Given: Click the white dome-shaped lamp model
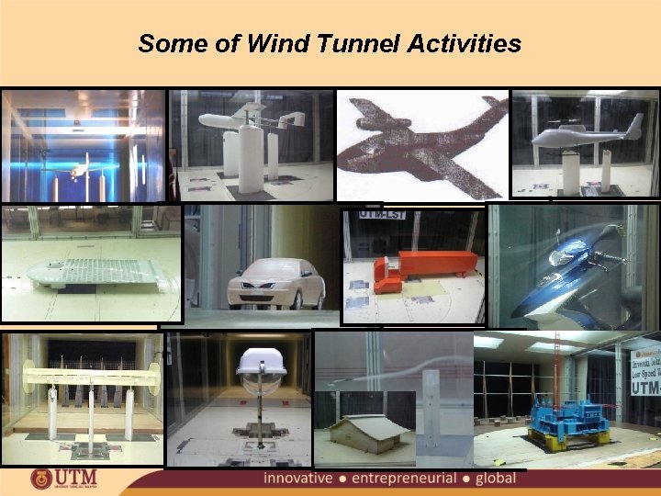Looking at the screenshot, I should click(x=263, y=363).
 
